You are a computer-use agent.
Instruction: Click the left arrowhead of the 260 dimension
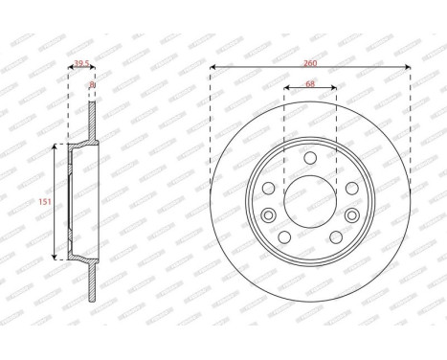213,66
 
